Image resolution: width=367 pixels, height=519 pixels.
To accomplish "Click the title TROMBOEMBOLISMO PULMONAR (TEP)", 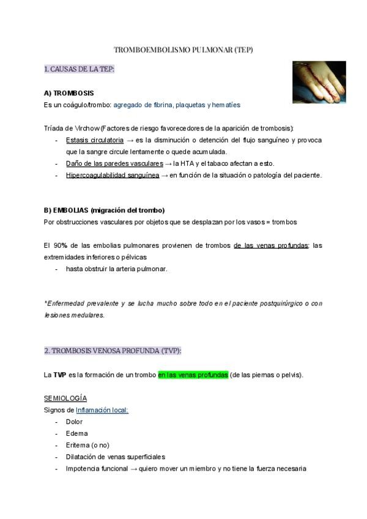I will (183, 50).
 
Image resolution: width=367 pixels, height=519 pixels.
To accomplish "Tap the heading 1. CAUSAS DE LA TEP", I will (79, 69).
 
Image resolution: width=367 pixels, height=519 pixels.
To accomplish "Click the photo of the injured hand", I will (319, 81).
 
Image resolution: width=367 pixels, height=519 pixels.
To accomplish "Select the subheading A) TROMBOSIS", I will (69, 93).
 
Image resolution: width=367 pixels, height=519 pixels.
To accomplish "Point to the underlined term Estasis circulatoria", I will (94, 140).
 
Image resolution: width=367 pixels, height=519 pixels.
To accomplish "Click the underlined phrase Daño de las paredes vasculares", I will (114, 163).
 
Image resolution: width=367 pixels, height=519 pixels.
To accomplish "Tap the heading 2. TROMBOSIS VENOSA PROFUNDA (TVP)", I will (113, 351).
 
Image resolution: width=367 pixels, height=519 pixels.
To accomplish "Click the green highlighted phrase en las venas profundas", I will (193, 375).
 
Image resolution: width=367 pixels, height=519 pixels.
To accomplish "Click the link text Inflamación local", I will (102, 410).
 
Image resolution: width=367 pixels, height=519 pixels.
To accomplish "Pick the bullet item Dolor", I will (74, 422).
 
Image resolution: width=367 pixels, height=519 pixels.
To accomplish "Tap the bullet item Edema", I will (76, 433).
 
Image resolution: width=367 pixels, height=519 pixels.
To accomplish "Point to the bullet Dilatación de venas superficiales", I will (116, 457).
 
